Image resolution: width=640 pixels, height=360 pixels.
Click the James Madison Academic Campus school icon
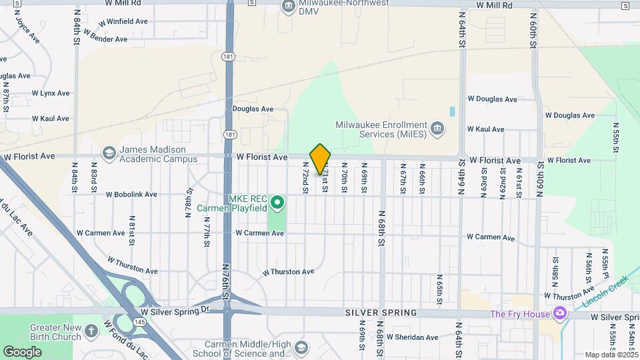108,154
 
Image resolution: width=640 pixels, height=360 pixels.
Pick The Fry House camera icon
561,313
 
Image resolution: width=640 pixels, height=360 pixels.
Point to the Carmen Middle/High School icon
301,348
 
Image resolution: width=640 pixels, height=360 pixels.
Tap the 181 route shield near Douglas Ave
229,134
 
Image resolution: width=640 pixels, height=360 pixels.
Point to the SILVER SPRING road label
381,313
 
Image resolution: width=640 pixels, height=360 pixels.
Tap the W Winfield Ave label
123,21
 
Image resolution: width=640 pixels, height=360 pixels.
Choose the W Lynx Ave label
50,93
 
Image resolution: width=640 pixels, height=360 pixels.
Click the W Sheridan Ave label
412,337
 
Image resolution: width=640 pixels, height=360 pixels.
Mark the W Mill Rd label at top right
495,5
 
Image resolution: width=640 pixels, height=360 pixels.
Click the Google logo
22,351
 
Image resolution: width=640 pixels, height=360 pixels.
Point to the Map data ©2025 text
611,355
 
